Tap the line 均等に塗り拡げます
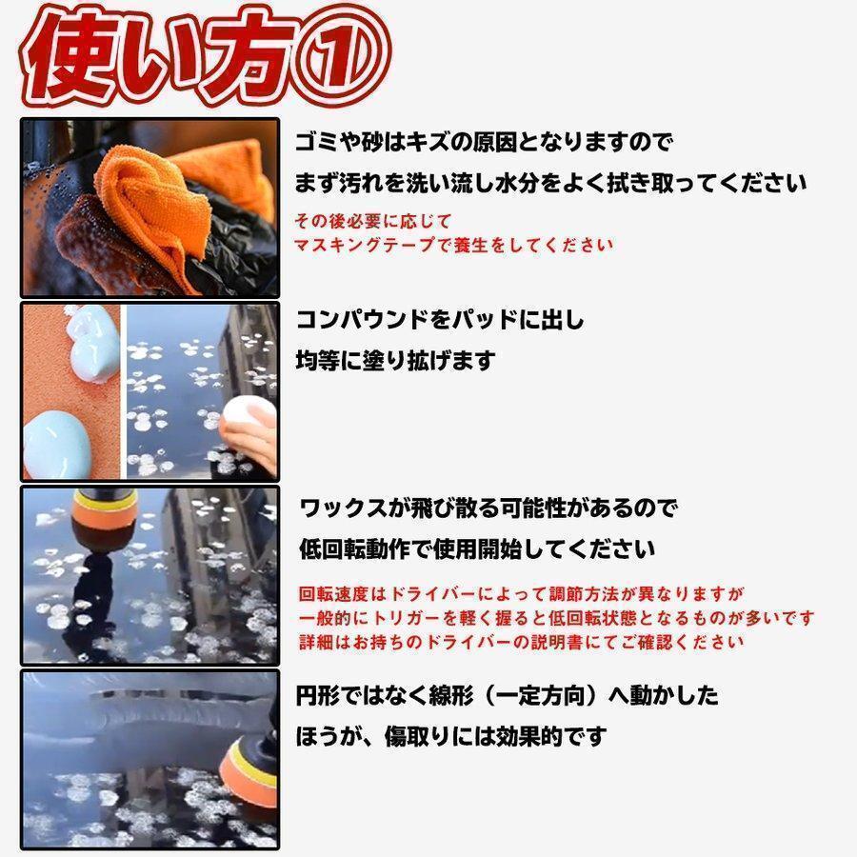point(395,361)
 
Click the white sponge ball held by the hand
point(247,418)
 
